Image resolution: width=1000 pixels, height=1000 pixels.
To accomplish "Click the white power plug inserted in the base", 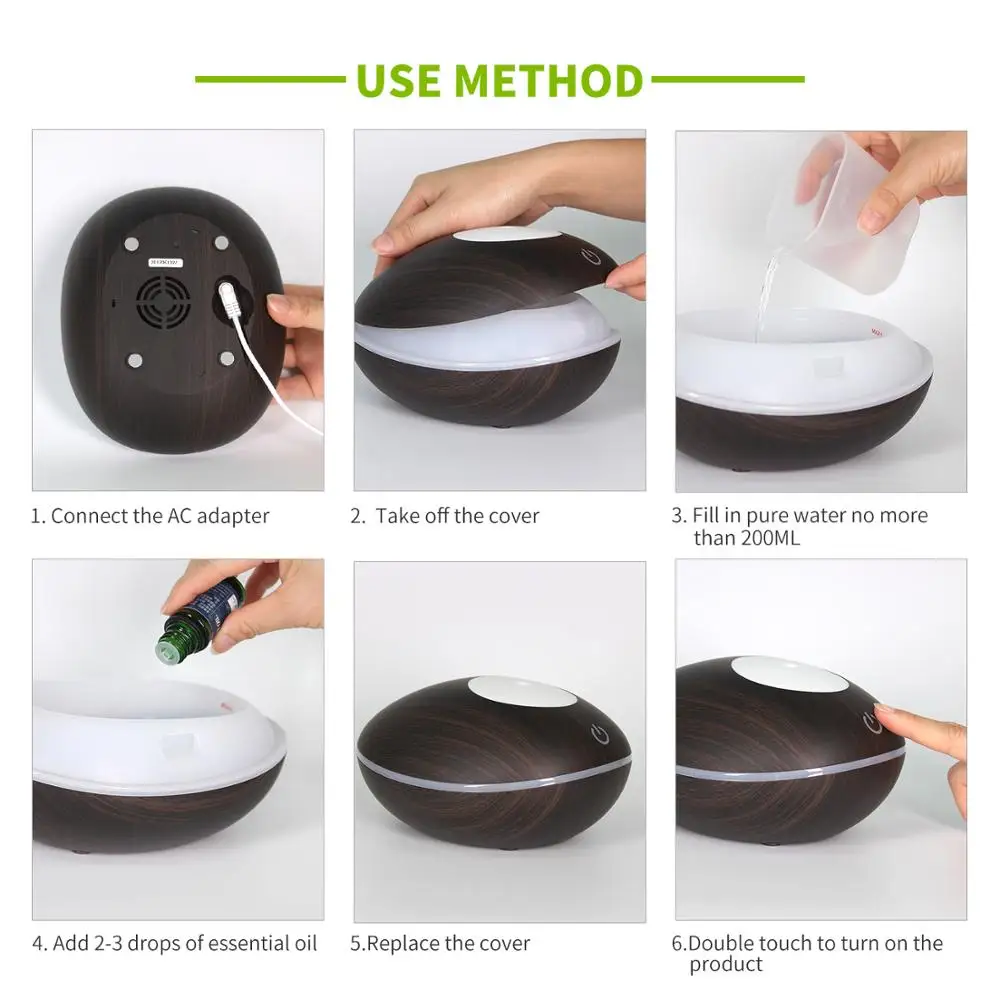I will click(228, 297).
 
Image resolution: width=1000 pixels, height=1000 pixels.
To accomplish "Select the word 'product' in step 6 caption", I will click(725, 964).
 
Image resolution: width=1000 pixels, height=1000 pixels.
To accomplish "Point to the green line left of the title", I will click(270, 79).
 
